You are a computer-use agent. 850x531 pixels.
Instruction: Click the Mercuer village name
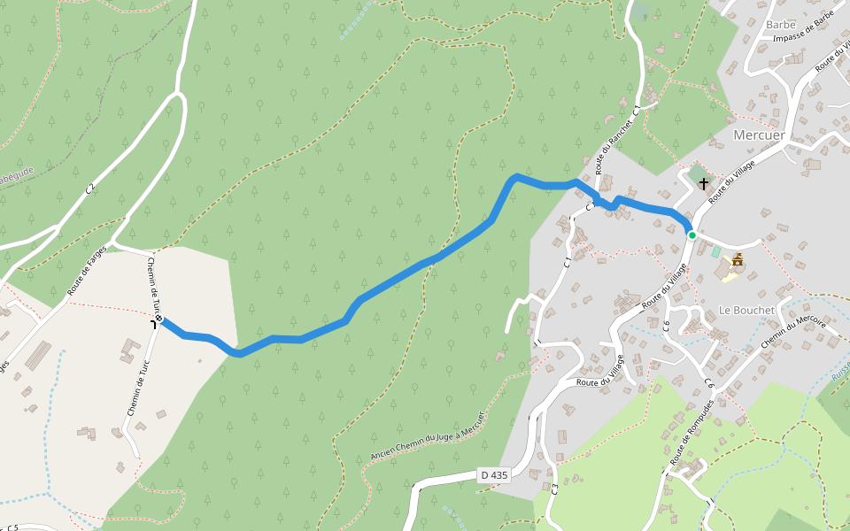click(x=759, y=135)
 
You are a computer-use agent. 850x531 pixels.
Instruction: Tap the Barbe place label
click(x=781, y=25)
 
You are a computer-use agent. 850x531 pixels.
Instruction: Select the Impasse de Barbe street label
click(x=804, y=27)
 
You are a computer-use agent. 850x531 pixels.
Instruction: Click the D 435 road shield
click(x=494, y=475)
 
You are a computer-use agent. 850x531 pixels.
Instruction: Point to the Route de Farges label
click(x=87, y=271)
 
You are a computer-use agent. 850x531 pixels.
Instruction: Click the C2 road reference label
click(x=89, y=189)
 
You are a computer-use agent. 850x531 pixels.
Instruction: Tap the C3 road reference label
click(x=555, y=488)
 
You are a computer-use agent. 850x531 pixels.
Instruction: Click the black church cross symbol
click(x=704, y=183)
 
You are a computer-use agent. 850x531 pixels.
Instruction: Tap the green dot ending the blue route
click(x=692, y=235)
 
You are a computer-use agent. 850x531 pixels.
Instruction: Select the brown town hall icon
click(x=737, y=259)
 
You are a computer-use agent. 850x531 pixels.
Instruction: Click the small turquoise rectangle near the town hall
click(x=715, y=252)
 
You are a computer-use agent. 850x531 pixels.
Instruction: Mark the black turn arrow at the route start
click(x=154, y=324)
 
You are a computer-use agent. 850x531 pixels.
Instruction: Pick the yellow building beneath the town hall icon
click(x=730, y=276)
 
